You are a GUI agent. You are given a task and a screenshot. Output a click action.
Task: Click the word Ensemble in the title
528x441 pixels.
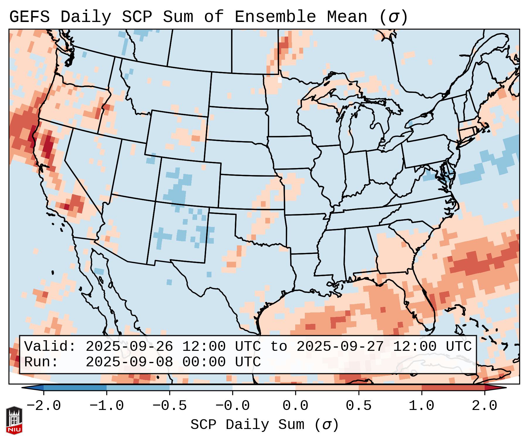pos(275,17)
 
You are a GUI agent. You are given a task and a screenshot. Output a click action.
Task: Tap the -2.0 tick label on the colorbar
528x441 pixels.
pos(44,406)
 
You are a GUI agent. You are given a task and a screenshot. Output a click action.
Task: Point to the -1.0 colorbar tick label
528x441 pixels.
pos(107,406)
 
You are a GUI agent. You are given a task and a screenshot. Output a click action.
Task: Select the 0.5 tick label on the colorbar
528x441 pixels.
pos(358,406)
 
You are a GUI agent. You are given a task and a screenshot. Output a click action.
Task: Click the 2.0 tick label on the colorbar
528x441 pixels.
pos(484,406)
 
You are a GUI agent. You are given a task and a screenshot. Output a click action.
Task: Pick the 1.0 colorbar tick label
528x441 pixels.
pos(421,406)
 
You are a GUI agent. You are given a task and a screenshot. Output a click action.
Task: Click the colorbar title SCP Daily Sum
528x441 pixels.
pos(247,425)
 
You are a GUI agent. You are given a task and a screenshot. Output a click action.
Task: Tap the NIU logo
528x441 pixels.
pos(14,420)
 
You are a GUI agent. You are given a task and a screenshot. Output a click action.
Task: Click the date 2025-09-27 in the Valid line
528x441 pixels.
pos(340,347)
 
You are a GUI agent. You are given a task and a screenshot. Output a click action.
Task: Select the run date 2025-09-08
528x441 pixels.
pos(129,362)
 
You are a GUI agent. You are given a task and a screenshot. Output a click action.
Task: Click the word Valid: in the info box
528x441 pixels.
pos(50,347)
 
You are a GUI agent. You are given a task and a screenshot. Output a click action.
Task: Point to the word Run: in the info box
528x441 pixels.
pos(41,362)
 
